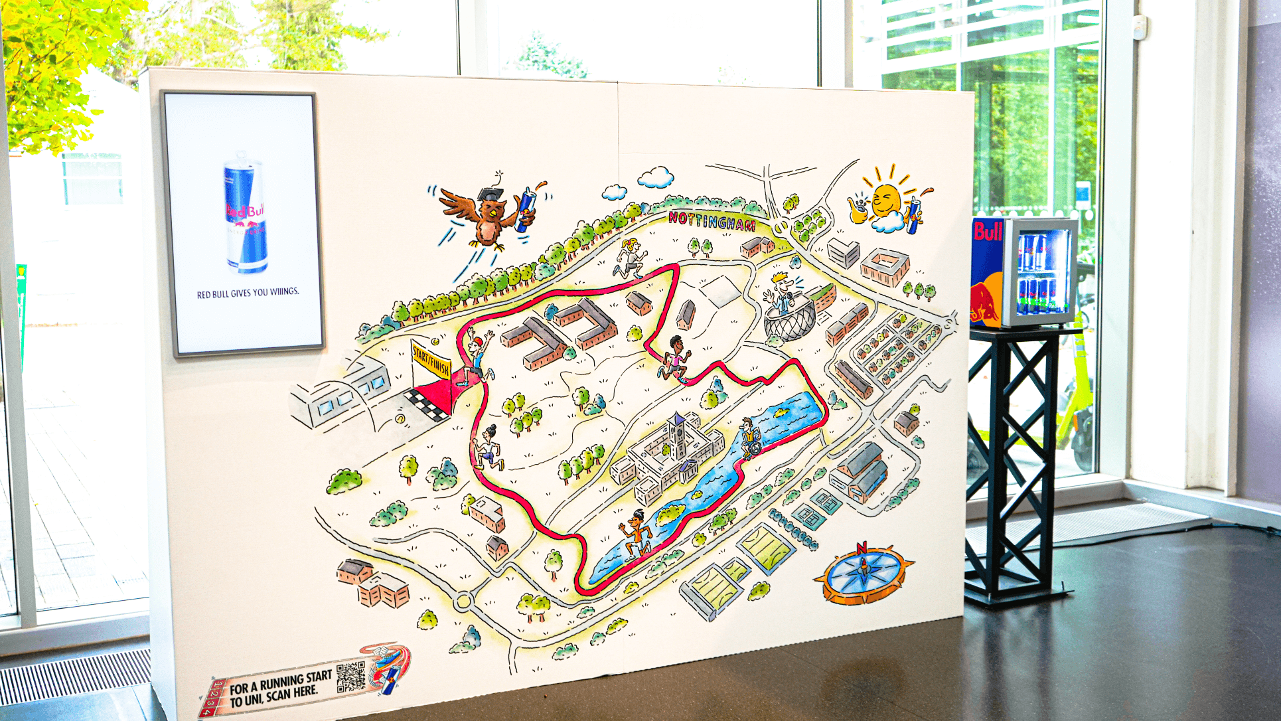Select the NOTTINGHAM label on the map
[712, 221]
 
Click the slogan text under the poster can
[248, 293]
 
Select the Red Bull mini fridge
[1022, 273]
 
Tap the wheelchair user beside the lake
[750, 439]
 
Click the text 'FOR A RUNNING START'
[280, 682]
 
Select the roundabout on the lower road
[463, 602]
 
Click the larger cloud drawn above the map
[656, 177]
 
